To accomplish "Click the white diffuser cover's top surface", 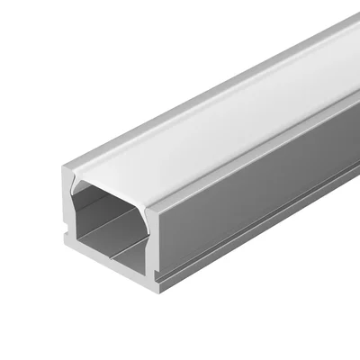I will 216,126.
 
